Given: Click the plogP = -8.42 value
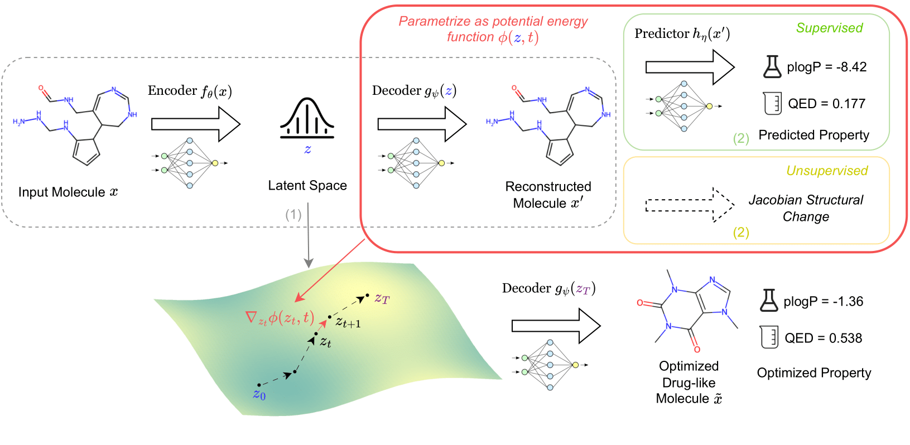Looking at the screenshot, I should point(826,67).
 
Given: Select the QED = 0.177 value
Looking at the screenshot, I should point(826,104).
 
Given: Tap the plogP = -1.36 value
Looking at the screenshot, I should point(823,302).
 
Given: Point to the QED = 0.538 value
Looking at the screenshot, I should point(823,338).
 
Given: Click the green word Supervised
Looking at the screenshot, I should point(829,28).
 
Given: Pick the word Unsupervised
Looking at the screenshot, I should point(827,171).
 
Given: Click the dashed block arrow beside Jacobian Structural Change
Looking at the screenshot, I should point(690,205).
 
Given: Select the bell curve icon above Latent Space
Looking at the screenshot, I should point(307,118).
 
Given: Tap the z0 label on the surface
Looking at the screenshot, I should point(259,395).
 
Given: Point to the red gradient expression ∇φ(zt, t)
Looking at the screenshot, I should point(280,318).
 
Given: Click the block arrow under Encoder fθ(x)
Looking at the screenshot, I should point(195,124).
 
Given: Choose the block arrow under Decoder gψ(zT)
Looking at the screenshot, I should point(556,326).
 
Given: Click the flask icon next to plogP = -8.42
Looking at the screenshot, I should point(772,66).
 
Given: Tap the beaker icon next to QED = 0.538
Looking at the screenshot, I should point(769,337).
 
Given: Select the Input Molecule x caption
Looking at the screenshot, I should point(68,192).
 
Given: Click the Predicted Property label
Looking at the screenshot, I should point(813,136).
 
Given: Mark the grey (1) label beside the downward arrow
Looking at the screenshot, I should point(293,215).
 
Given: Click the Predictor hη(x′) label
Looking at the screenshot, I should point(682,34).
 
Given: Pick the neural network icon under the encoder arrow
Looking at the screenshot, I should point(189,163).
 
